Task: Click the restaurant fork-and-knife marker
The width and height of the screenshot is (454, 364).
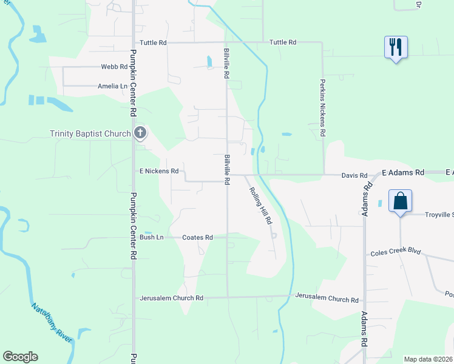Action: point(396,47)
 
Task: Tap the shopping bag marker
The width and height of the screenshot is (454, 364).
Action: point(401,201)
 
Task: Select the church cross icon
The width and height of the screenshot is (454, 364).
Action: point(140,133)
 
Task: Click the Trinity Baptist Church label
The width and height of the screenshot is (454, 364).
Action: point(90,133)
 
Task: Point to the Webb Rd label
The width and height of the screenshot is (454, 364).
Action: point(115,67)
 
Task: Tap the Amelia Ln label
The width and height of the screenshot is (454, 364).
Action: point(112,86)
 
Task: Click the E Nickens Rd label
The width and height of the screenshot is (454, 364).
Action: point(158,172)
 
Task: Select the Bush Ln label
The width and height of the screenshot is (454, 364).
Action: point(152,237)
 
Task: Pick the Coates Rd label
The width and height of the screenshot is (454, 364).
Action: point(197,237)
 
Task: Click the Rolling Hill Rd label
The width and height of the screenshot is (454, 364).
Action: point(260,206)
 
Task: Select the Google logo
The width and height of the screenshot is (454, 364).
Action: point(20,357)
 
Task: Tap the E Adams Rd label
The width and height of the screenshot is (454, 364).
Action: point(402,174)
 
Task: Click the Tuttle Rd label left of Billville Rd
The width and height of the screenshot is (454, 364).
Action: point(153,42)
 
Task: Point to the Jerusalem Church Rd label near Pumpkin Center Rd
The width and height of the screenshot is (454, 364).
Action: point(171,298)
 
